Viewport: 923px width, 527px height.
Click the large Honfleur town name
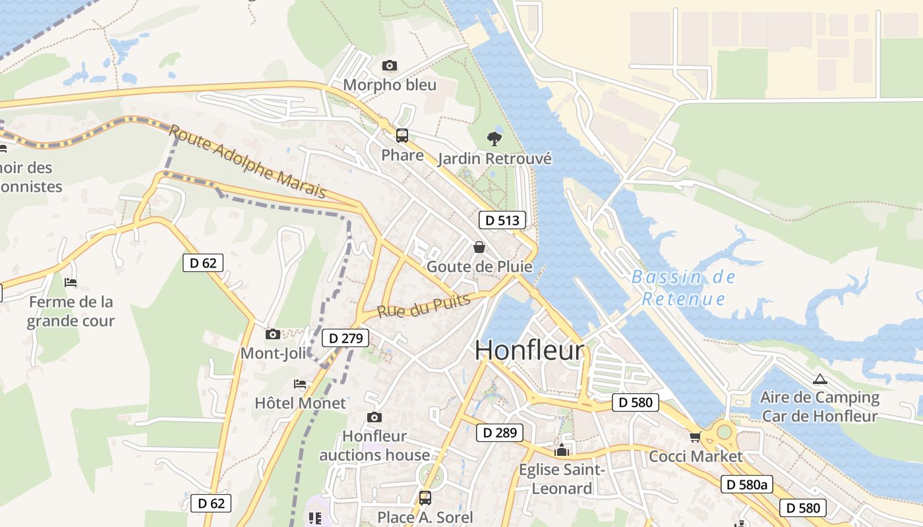click(529, 350)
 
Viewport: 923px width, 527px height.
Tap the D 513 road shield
click(502, 220)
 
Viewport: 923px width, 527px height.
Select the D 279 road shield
click(345, 339)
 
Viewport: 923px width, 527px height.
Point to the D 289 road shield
click(500, 433)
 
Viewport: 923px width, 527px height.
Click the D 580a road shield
click(746, 485)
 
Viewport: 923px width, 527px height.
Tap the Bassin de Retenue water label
click(683, 288)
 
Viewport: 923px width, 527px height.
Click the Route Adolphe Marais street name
click(247, 161)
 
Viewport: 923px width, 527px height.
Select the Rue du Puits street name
click(424, 306)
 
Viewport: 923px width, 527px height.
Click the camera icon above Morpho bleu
click(390, 65)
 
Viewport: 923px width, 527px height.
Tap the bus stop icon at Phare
click(402, 136)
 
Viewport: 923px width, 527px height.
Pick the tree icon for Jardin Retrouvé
click(494, 138)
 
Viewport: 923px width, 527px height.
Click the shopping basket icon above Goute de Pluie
click(479, 247)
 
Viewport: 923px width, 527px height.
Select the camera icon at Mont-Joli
click(272, 334)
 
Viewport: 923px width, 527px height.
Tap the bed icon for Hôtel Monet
click(300, 383)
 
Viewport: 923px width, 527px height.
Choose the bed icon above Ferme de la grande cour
click(71, 283)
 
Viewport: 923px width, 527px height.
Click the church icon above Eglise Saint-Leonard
click(562, 450)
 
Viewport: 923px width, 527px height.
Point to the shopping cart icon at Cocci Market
click(695, 437)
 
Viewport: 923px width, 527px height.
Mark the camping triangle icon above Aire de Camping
click(819, 379)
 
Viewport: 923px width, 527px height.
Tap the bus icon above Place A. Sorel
click(425, 498)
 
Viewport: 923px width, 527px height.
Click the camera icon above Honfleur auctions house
click(374, 417)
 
